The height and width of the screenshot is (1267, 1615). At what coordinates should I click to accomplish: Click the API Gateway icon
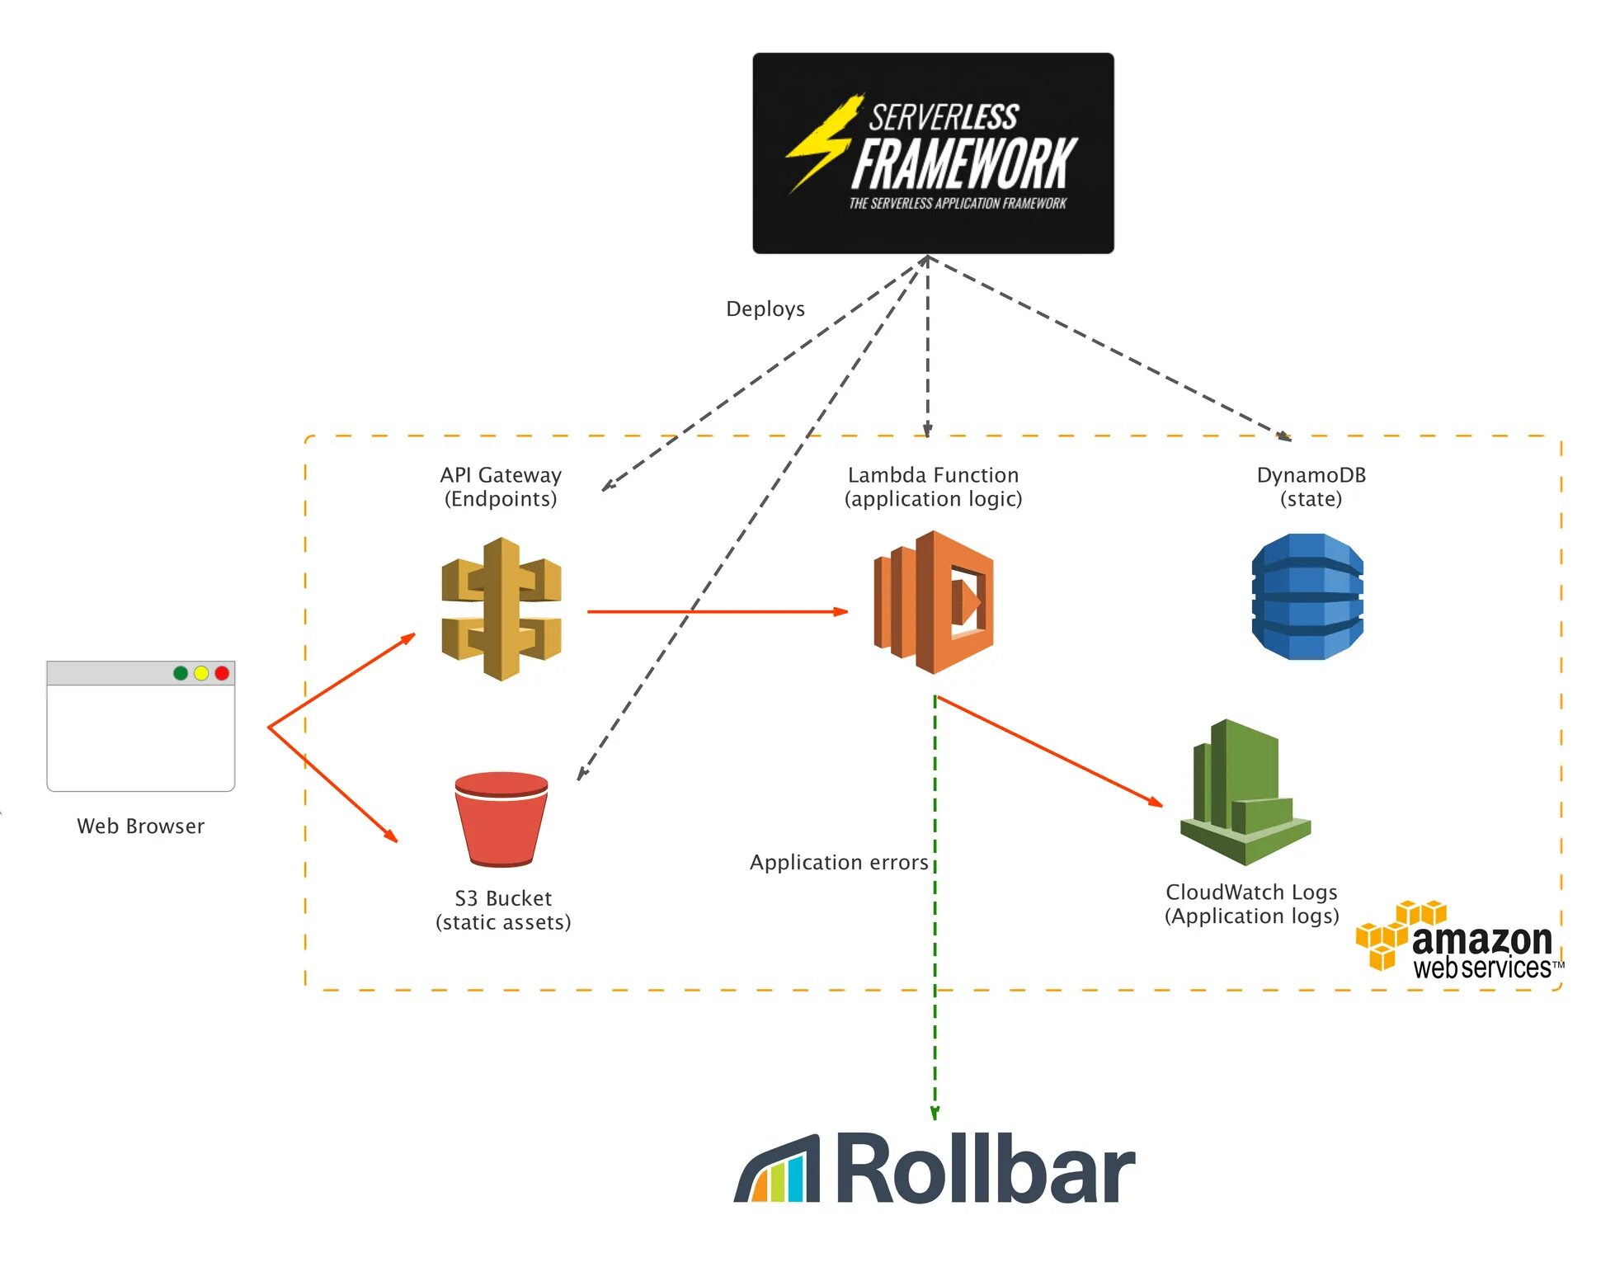coord(501,609)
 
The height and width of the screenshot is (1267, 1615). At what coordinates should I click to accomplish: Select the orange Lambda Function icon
coord(933,602)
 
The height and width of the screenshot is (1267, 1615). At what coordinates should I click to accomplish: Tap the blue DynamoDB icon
coord(1307,596)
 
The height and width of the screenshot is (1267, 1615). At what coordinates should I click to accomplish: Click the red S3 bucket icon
coord(501,819)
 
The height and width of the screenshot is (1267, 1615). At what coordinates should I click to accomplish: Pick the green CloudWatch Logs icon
coord(1245,793)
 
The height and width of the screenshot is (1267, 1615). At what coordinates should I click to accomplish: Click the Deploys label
coord(765,309)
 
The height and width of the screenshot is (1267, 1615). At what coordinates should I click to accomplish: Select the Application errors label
coord(839,862)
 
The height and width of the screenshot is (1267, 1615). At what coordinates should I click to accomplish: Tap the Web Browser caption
coord(141,827)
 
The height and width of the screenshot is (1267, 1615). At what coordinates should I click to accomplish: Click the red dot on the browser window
coord(222,673)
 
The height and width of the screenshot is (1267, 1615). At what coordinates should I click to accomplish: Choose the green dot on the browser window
coord(181,673)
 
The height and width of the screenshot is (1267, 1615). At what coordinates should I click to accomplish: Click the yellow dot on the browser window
coord(201,673)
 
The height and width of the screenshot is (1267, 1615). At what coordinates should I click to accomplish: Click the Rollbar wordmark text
coord(986,1168)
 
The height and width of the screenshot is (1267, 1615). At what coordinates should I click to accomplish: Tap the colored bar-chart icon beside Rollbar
coord(777,1169)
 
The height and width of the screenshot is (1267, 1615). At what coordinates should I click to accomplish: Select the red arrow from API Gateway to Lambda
coord(718,612)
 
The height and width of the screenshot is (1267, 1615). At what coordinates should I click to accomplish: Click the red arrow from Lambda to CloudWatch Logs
coord(1051,751)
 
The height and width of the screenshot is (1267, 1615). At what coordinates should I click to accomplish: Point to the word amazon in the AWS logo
coord(1482,940)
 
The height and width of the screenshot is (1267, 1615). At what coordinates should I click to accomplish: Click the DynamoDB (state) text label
coord(1311,487)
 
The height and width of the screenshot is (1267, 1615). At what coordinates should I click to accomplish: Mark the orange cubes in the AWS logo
coord(1400,935)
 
